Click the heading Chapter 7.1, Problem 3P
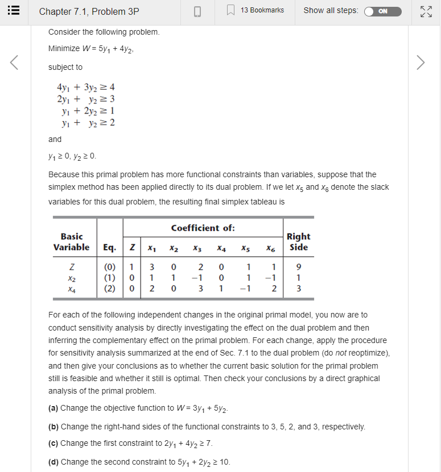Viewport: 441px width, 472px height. tap(89, 11)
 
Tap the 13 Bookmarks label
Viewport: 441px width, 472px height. tap(262, 10)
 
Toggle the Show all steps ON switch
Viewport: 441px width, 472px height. tap(382, 11)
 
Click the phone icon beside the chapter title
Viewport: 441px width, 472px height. tap(198, 11)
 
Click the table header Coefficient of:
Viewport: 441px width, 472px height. tap(203, 228)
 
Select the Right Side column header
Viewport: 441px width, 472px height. tap(298, 241)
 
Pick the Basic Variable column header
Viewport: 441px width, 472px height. tap(72, 241)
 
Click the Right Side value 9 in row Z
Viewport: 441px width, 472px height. tap(299, 268)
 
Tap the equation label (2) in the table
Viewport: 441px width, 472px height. tap(110, 288)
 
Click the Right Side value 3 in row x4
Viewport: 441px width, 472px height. tap(299, 288)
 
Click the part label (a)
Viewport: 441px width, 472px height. tap(53, 408)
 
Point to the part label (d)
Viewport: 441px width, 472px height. tap(53, 461)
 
